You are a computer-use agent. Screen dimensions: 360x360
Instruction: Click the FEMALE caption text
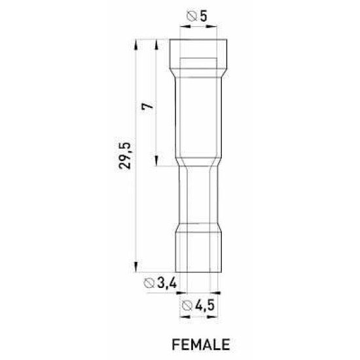coord(201,344)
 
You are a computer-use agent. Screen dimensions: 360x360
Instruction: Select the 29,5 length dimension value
coord(125,156)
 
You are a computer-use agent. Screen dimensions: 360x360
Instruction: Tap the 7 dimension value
coord(148,106)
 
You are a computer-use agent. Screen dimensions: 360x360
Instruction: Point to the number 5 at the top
coord(204,16)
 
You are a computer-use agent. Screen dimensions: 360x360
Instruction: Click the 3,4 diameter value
coord(167,283)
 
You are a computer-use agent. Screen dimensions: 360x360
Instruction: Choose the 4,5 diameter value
coord(205,306)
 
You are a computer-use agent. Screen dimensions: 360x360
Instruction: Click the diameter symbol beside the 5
coord(192,16)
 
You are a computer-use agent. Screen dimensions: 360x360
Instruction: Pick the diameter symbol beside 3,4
coord(149,283)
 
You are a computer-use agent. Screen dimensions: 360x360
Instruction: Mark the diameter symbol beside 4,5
coord(187,306)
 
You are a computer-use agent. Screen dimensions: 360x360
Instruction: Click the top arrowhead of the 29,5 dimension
coord(136,45)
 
